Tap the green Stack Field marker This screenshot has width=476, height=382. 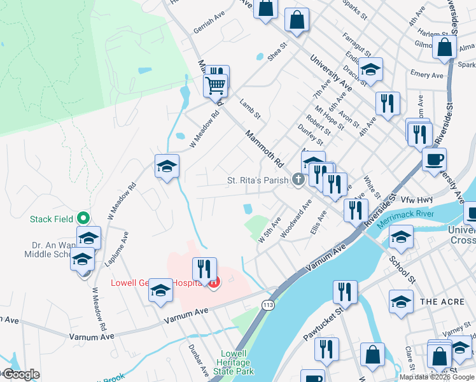click(x=83, y=218)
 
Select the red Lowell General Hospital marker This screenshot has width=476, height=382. click(x=214, y=282)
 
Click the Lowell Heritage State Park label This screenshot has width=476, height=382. click(x=237, y=362)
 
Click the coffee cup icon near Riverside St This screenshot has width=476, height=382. click(x=434, y=159)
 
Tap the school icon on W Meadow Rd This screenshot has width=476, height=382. click(x=167, y=167)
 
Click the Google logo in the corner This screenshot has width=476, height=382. click(x=21, y=374)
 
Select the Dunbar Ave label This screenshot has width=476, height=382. click(x=199, y=360)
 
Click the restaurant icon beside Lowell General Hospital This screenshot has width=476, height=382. click(x=204, y=269)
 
